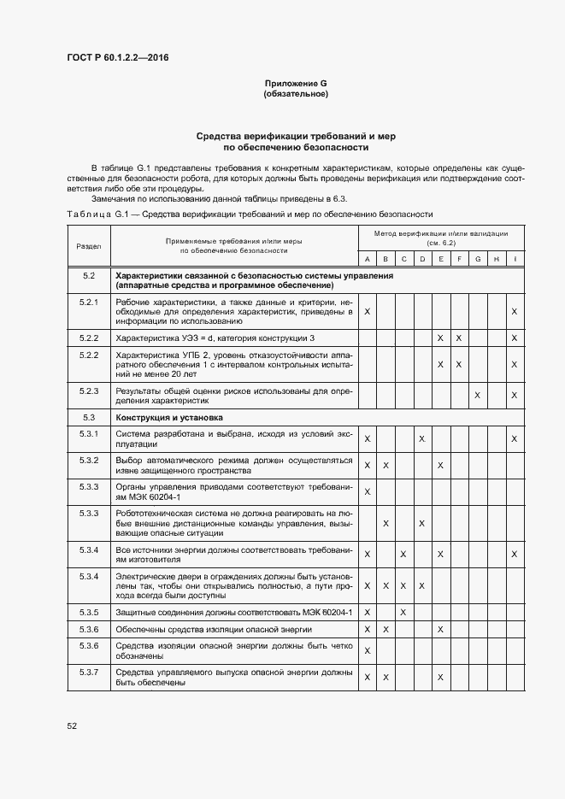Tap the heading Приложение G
296,83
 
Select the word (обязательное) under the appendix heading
296,94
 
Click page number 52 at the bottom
72,726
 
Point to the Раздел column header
88,245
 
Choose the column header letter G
477,259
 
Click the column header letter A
367,259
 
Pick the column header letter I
514,259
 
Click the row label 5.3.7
88,672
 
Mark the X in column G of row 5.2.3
477,395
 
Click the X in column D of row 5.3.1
421,438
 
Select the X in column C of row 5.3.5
403,613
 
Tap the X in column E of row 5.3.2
440,465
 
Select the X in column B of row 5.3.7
385,677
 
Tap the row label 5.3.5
88,613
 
